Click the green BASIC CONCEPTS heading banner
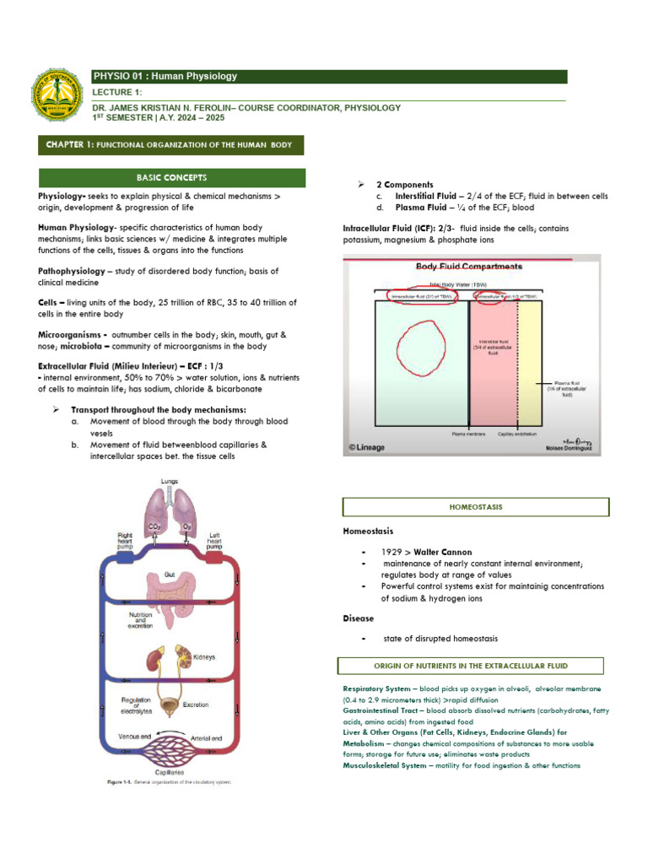tap(172, 178)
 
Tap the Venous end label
tap(135, 737)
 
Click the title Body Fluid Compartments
tap(468, 267)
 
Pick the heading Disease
tap(358, 618)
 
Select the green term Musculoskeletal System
tap(385, 765)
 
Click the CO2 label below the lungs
tap(155, 526)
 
